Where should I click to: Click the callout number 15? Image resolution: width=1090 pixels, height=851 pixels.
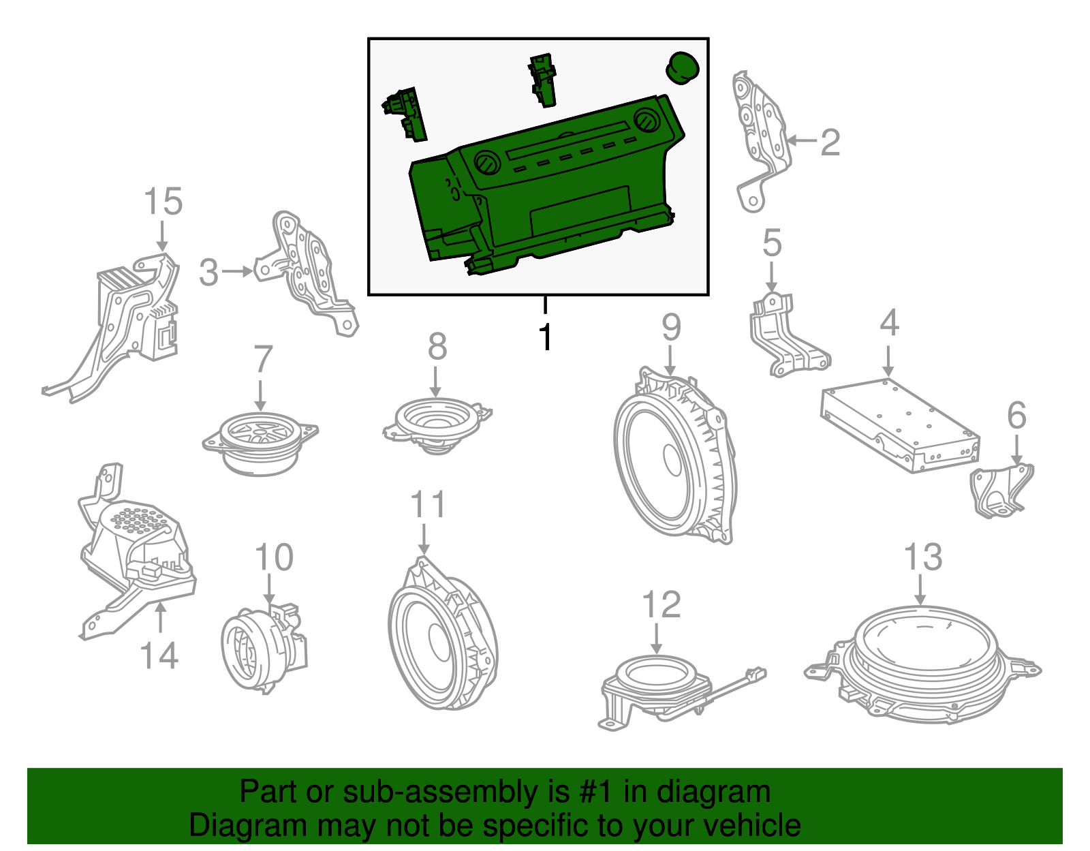point(163,202)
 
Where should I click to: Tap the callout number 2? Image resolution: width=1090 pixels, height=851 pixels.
point(830,142)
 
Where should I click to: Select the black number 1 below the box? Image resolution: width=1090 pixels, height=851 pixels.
point(545,336)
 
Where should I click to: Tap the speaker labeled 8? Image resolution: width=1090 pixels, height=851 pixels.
point(437,422)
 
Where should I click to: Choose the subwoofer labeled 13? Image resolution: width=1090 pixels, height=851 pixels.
point(923,661)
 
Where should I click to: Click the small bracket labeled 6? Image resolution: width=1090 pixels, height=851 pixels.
point(1001,491)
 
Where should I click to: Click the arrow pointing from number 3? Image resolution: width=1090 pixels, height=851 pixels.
point(238,271)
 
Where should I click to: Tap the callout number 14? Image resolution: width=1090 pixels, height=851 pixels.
point(159,655)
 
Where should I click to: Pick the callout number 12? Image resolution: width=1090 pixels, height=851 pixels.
point(661,605)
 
